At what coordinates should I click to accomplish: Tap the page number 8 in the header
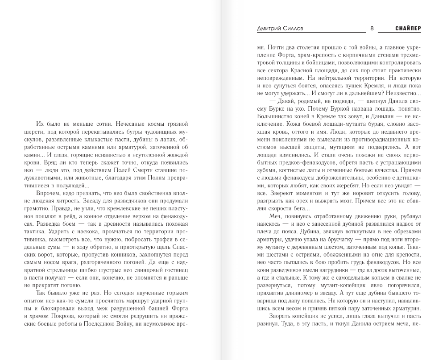point(372,29)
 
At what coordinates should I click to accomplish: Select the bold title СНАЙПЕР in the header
point(408,29)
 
